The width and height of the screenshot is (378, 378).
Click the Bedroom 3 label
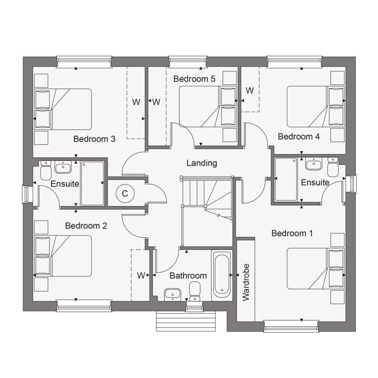pyautogui.click(x=94, y=139)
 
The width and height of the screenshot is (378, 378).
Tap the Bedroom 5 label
pyautogui.click(x=194, y=79)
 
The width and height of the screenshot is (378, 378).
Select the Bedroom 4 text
pyautogui.click(x=299, y=136)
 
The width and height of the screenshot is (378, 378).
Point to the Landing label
pyautogui.click(x=202, y=163)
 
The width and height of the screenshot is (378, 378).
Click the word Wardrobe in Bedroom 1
pyautogui.click(x=246, y=282)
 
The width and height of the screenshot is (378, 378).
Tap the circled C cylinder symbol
pyautogui.click(x=125, y=194)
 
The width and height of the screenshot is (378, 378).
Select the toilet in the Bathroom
pyautogui.click(x=194, y=291)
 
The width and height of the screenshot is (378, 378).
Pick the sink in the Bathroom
pyautogui.click(x=171, y=294)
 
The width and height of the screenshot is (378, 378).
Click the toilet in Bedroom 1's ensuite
pyautogui.click(x=333, y=167)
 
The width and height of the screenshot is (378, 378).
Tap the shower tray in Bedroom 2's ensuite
pyautogui.click(x=92, y=183)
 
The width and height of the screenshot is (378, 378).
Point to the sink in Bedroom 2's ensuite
pyautogui.click(x=63, y=168)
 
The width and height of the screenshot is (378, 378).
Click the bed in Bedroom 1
pyautogui.click(x=315, y=268)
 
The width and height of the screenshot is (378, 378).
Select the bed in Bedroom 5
pyautogui.click(x=207, y=106)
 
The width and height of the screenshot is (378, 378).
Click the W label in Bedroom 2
pyautogui.click(x=141, y=276)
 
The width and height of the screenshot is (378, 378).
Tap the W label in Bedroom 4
pyautogui.click(x=249, y=90)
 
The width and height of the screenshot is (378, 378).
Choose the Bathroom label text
pyautogui.click(x=188, y=276)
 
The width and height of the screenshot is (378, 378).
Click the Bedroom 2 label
pyautogui.click(x=86, y=226)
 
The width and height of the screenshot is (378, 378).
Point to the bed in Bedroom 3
pyautogui.click(x=63, y=109)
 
